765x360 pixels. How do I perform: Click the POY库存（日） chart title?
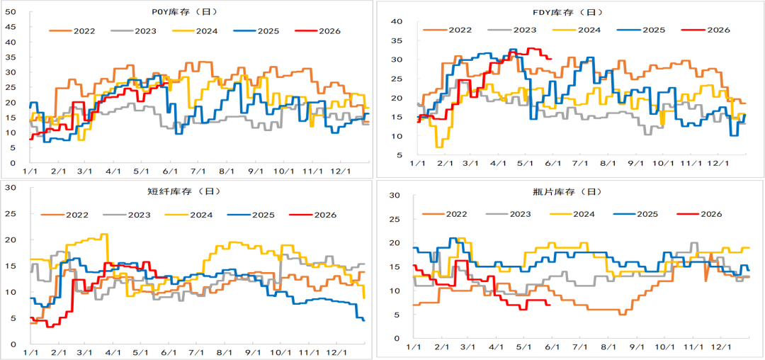click(183, 11)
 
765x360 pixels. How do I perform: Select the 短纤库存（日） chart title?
click(183, 192)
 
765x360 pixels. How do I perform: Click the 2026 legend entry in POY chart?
click(317, 31)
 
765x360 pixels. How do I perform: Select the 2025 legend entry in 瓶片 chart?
click(635, 213)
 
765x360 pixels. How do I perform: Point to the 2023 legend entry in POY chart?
click(133, 31)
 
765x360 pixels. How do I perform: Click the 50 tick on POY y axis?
click(10, 12)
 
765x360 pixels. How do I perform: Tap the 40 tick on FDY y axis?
click(396, 21)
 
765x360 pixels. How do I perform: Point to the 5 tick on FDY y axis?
click(399, 155)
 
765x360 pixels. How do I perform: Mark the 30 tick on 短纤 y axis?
click(10, 188)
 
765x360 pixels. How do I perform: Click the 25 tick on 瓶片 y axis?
click(396, 220)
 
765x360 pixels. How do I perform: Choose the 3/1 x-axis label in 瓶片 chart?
click(469, 347)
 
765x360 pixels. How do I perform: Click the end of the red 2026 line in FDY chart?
click(551, 59)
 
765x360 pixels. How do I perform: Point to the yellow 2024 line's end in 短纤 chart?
click(365, 298)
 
